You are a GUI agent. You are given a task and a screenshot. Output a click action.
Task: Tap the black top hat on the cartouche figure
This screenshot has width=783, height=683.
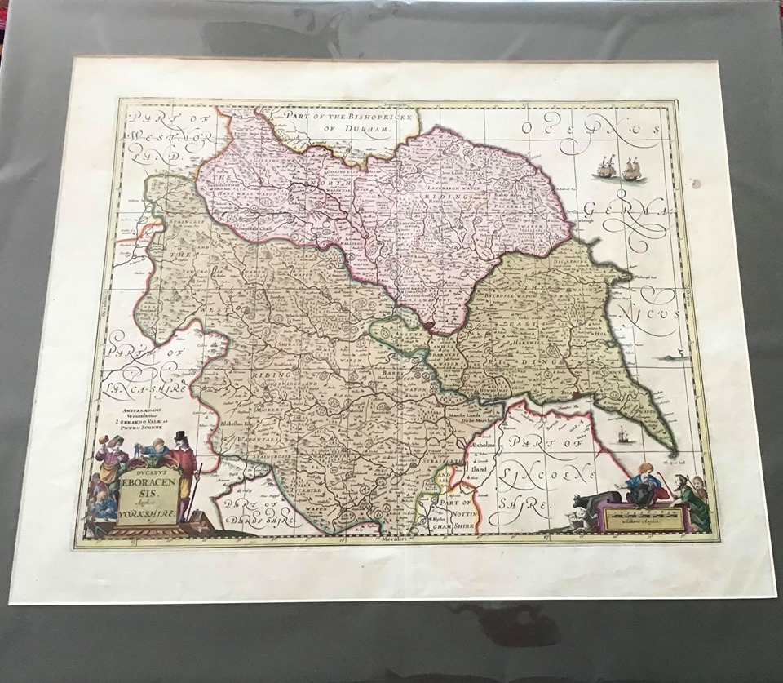[179, 437]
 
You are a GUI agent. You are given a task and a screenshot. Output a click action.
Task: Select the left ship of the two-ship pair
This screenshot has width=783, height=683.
[605, 169]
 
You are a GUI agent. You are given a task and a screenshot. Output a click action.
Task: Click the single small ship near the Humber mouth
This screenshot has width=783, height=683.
[623, 435]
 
